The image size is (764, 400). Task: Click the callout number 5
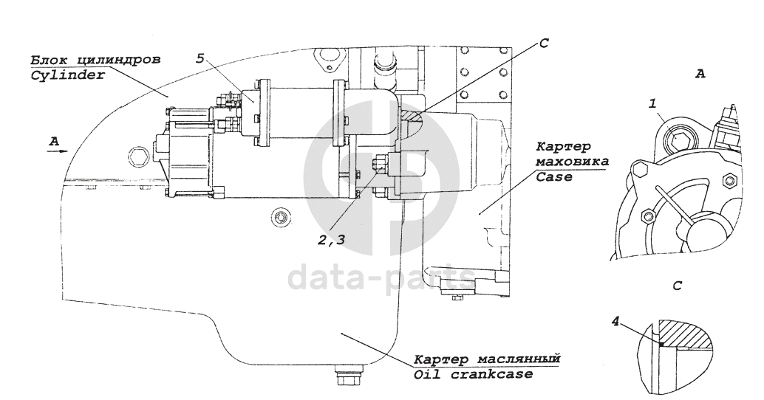pyautogui.click(x=200, y=58)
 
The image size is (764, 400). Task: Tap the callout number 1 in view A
pyautogui.click(x=653, y=105)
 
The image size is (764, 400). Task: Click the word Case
pyautogui.click(x=553, y=177)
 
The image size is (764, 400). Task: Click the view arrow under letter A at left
pyautogui.click(x=56, y=150)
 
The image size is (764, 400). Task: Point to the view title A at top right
pyautogui.click(x=700, y=74)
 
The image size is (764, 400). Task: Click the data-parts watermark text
pyautogui.click(x=381, y=278)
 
